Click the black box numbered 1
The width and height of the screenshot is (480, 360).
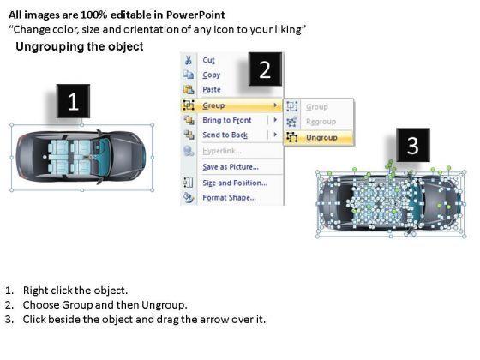[x=73, y=101]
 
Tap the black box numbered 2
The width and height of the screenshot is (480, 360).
[x=265, y=69]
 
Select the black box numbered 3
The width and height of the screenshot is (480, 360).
[x=413, y=145]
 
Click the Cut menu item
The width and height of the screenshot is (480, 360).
[x=208, y=60]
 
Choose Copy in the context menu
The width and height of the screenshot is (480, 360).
[x=211, y=75]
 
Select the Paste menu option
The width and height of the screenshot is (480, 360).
[x=212, y=90]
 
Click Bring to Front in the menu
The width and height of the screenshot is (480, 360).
[x=227, y=120]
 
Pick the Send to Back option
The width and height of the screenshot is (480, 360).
[x=225, y=135]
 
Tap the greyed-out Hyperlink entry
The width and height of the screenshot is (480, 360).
[x=222, y=151]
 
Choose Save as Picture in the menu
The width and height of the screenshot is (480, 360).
[x=231, y=167]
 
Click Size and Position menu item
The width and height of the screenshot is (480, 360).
[x=235, y=183]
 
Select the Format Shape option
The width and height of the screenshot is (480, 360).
[x=229, y=198]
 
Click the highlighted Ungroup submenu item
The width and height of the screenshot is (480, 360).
[x=321, y=138]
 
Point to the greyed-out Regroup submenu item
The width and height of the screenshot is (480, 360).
[x=321, y=122]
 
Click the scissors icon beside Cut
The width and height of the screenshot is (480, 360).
[x=189, y=60]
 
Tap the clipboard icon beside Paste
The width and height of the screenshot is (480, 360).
[x=189, y=89]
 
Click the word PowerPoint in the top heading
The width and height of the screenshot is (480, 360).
[x=196, y=15]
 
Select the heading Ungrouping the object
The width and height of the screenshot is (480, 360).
[x=80, y=46]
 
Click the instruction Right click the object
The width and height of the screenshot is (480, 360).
[x=75, y=291]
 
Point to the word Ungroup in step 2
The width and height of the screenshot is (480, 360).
[x=165, y=305]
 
